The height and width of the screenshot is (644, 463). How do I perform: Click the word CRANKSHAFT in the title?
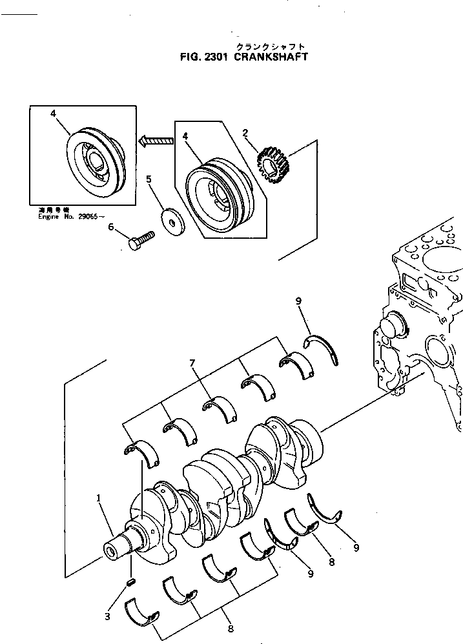(x=272, y=57)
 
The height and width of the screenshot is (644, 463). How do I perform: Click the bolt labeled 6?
(x=142, y=240)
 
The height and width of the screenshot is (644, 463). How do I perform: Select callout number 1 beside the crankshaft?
(x=99, y=498)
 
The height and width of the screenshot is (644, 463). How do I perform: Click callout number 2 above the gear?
(x=245, y=134)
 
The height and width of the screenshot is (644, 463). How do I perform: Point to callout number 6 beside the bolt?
(x=110, y=226)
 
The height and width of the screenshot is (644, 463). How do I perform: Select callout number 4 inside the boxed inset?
(x=54, y=113)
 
